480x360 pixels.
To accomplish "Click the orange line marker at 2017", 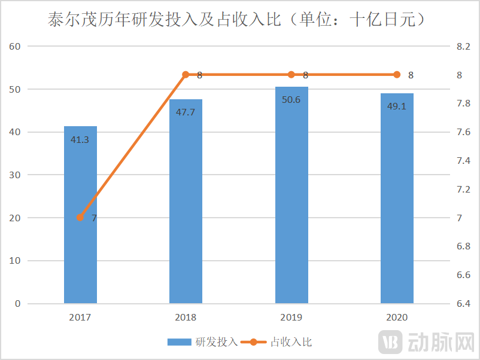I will pos(80,218).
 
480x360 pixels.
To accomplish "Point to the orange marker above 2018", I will pos(186,75).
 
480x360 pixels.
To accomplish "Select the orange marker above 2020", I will pos(397,75).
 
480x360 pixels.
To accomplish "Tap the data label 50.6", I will pos(291,99).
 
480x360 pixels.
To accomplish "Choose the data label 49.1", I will pos(397,107).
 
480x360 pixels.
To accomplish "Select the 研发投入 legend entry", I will pos(203,342).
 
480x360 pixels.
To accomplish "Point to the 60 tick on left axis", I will pos(16,47).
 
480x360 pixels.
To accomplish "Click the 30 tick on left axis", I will pos(16,175).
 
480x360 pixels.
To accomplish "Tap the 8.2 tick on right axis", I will pos(463,47).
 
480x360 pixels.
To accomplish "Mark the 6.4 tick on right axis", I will pos(463,304).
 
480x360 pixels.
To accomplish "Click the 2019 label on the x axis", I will pos(291,318).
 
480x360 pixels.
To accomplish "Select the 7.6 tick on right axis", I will pos(463,132).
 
